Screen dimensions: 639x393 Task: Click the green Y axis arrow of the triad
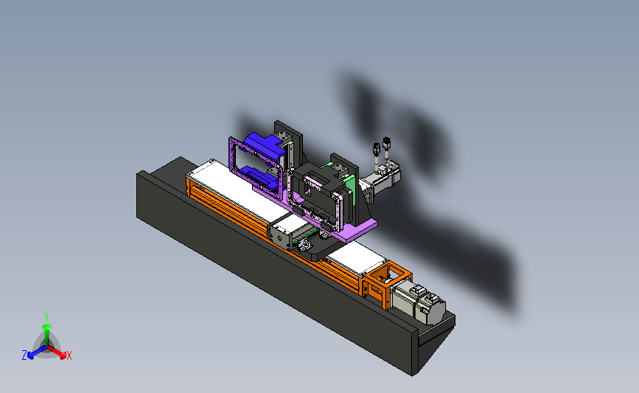click(46, 334)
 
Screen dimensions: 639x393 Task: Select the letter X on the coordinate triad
click(69, 355)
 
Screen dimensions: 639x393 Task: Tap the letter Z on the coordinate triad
click(24, 355)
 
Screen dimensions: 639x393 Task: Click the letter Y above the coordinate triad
click(46, 316)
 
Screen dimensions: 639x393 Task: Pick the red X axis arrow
click(57, 352)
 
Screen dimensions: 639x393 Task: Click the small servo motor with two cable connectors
click(380, 180)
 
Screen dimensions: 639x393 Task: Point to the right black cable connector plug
click(386, 143)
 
